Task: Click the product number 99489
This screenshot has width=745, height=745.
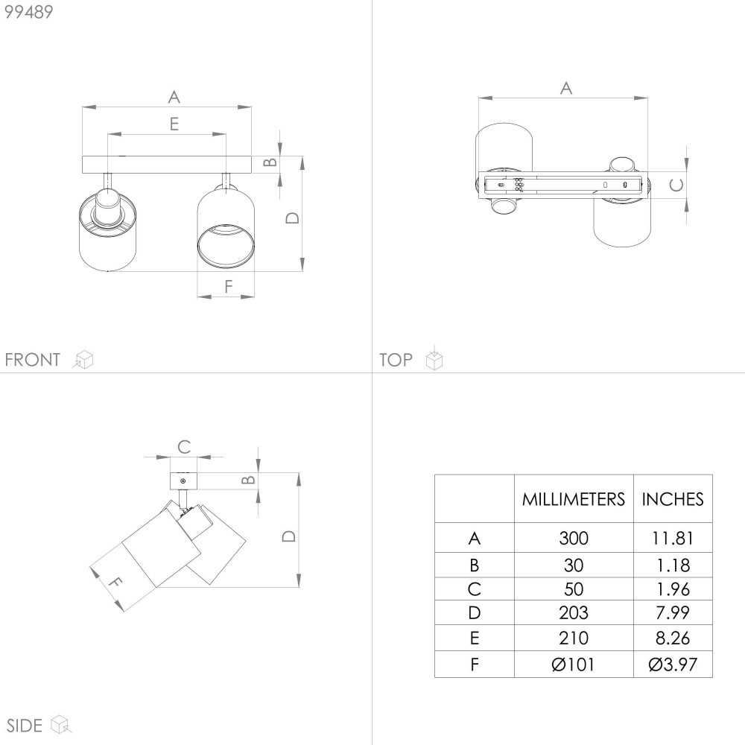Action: point(28,12)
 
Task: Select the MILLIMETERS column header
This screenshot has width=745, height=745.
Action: point(574,499)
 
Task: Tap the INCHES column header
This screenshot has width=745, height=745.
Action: point(672,499)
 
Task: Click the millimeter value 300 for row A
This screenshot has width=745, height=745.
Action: point(574,539)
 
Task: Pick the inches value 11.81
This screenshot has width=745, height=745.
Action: point(672,539)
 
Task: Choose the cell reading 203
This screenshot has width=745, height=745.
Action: point(574,613)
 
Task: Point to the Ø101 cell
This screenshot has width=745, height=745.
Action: point(574,665)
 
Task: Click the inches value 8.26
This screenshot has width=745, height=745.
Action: point(672,638)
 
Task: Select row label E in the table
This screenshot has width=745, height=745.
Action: point(474,638)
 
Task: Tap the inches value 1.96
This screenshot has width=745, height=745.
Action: point(672,589)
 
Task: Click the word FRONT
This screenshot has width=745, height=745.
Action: point(32,360)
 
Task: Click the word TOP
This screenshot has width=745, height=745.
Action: point(396,360)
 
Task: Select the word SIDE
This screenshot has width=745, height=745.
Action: point(25,726)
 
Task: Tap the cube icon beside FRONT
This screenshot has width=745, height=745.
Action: point(83,359)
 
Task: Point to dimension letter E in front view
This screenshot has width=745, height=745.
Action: point(174,124)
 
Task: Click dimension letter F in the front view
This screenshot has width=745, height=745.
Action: point(229,287)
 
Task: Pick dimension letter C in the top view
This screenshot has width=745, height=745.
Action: point(676,185)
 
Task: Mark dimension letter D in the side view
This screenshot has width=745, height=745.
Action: point(289,536)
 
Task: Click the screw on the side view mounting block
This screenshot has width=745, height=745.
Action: point(183,481)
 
